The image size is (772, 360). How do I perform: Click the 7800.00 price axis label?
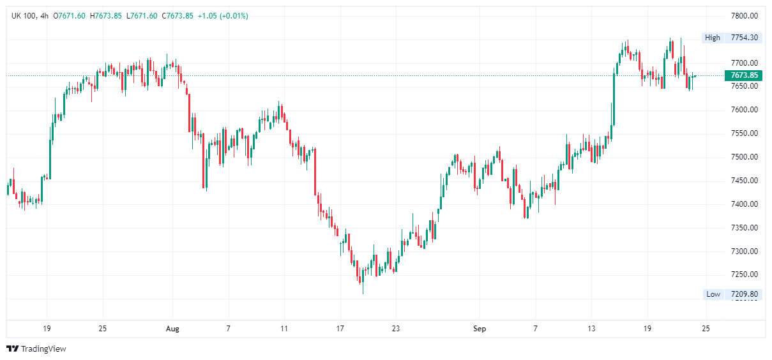(744, 16)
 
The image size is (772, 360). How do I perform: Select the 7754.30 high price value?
(745, 38)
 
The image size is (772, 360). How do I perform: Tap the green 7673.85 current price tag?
(744, 75)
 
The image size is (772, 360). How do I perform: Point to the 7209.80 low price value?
(745, 294)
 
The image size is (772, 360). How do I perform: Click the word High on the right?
(713, 38)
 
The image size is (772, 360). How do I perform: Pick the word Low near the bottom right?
(713, 294)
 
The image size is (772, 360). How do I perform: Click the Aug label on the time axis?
(172, 329)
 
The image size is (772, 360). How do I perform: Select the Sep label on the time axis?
(480, 329)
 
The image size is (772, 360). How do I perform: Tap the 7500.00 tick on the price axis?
(744, 157)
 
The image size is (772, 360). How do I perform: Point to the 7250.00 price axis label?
(744, 274)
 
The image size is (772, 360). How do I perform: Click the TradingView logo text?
(43, 349)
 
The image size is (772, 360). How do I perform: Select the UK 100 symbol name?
(23, 15)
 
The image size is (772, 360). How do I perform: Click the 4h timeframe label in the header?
(44, 15)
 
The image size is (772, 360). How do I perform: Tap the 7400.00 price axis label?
(744, 204)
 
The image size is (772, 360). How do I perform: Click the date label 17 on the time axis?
(340, 329)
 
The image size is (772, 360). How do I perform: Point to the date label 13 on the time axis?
(591, 329)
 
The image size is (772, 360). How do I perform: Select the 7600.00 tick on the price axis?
(744, 110)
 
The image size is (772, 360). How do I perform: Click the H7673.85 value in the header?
(106, 15)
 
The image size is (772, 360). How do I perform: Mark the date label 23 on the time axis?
(395, 329)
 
